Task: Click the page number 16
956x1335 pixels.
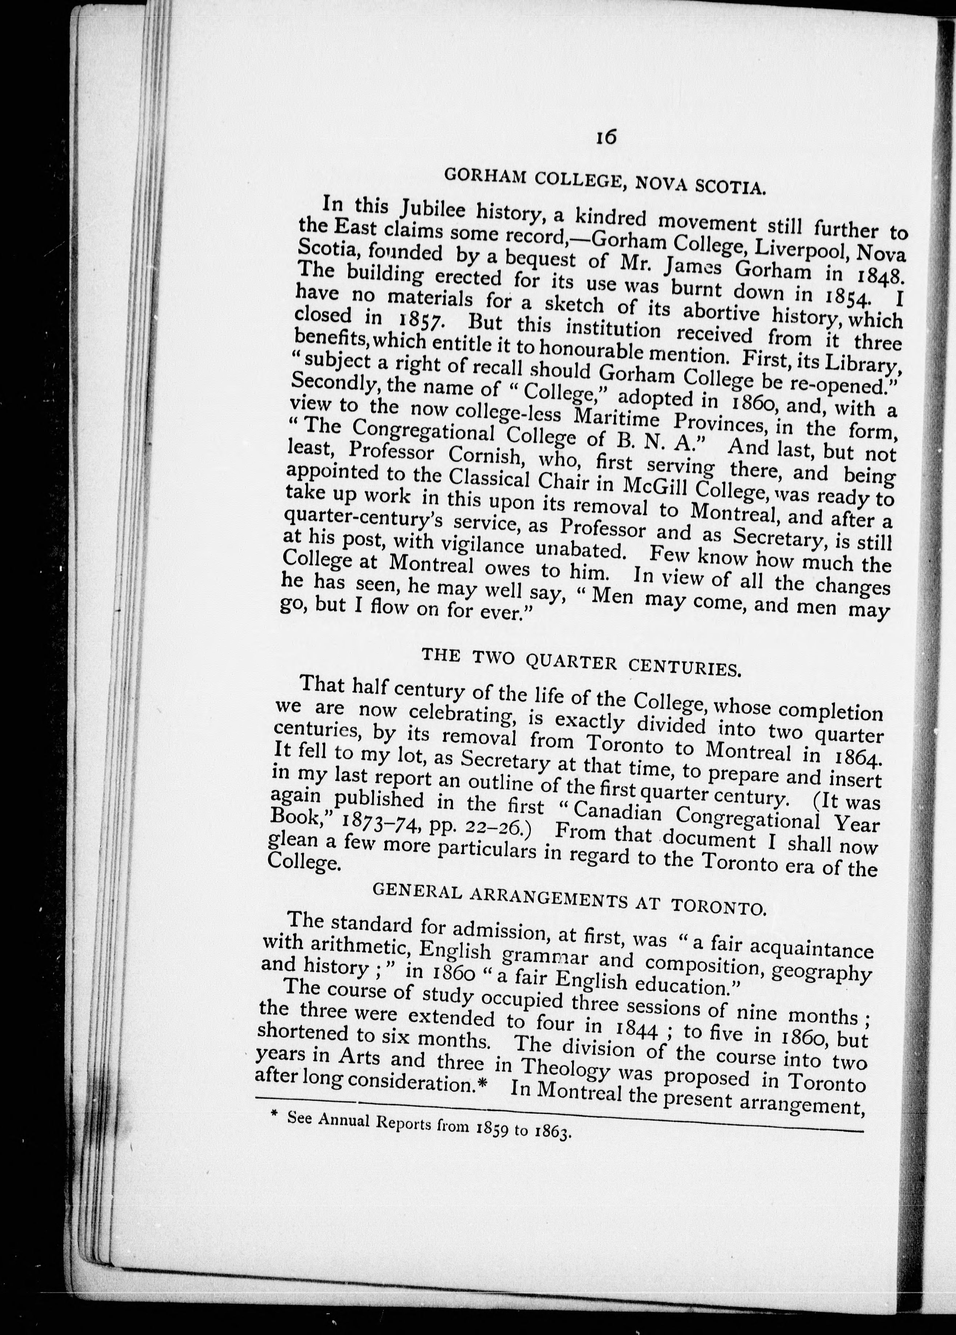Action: [606, 137]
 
